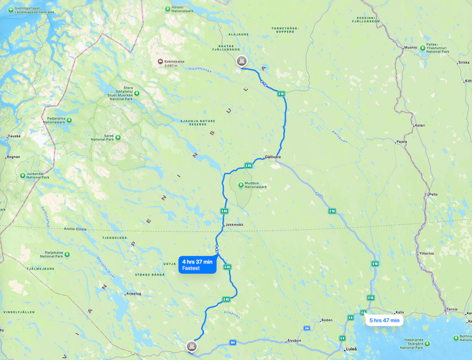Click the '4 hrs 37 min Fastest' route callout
coord(198,265)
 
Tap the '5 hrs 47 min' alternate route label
coord(384,320)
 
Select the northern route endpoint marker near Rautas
coord(240,61)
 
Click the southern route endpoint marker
coord(192,346)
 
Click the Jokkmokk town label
coord(233,224)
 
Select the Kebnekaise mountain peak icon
coord(160,61)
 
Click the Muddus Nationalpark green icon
coord(241,185)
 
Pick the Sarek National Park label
coord(104,137)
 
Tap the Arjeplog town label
coord(133,293)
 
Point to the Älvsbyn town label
coord(294,340)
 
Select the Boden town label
coord(327,320)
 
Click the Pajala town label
coord(402,142)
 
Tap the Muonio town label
coord(411,47)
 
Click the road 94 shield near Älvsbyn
coord(232,342)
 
